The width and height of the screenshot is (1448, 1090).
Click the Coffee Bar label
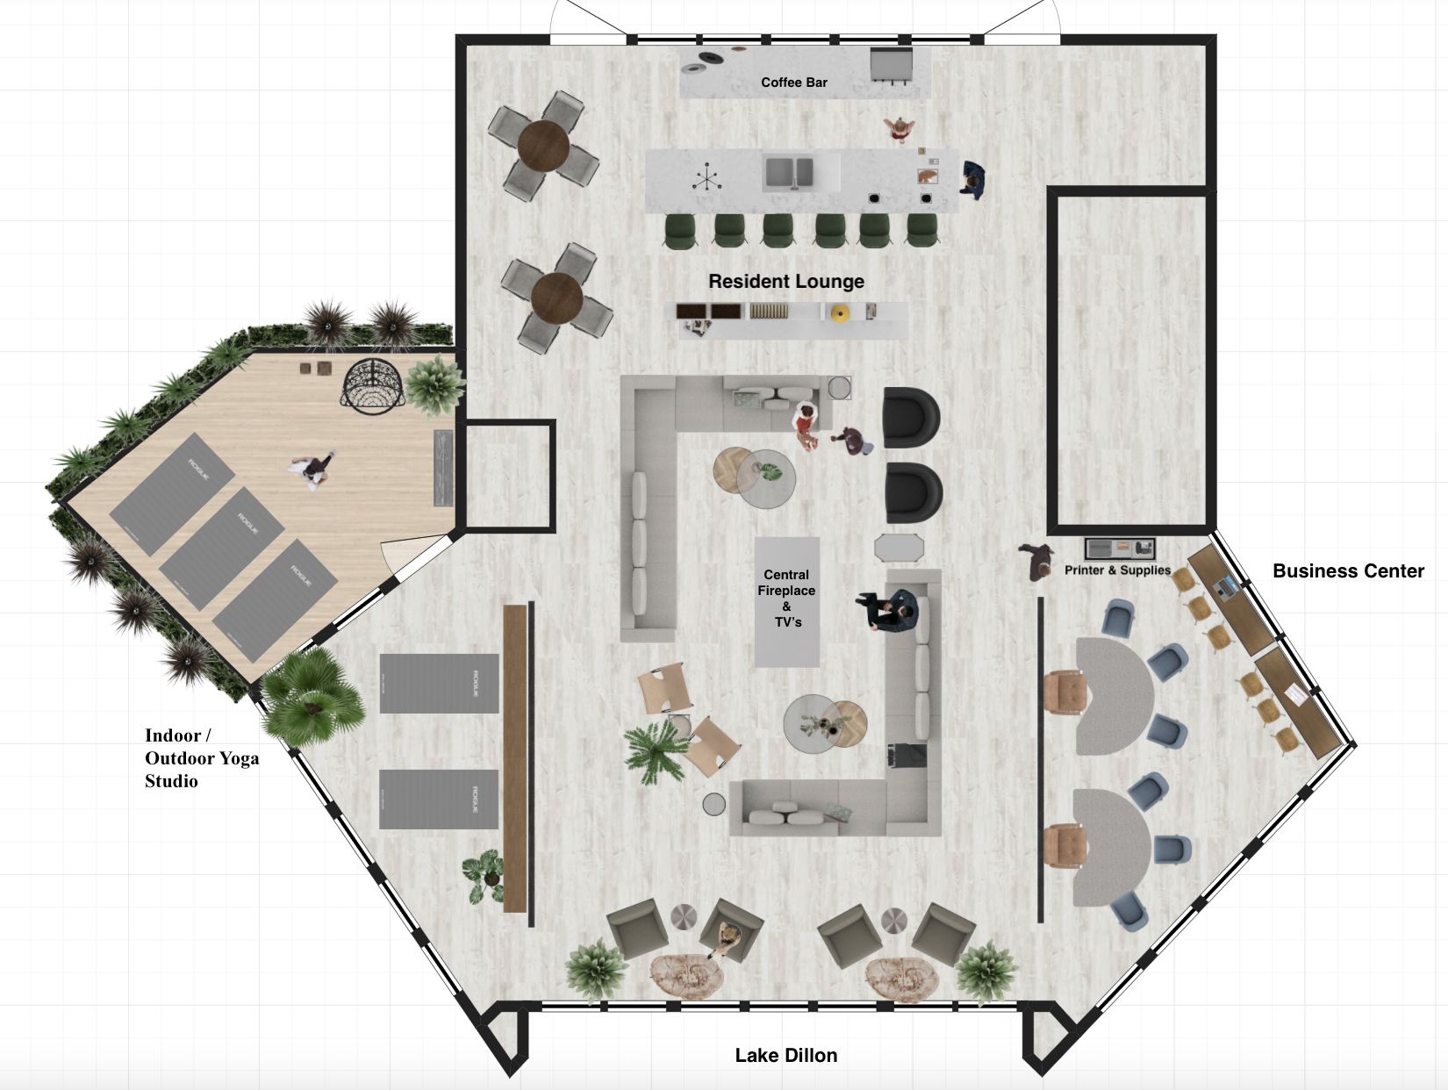pos(793,82)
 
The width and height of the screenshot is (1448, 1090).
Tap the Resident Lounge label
pos(785,282)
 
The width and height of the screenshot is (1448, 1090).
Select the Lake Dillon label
pos(785,1056)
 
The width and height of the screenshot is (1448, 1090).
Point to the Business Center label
pos(1348,571)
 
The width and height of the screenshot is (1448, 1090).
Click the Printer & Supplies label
pos(1117,570)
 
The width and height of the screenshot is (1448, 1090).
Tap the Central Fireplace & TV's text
pos(786,598)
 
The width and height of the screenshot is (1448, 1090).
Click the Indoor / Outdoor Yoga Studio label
pos(201,758)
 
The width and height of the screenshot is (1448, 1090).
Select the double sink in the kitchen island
pos(789,173)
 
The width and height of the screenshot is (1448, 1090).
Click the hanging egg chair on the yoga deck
pos(373,386)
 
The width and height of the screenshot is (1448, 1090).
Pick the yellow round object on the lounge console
pos(839,313)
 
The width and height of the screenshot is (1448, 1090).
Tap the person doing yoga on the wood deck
pos(312,470)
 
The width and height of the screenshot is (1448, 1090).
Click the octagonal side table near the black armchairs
pos(900,548)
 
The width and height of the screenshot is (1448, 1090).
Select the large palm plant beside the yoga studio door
pos(313,696)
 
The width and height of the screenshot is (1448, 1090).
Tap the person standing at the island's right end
pos(972,179)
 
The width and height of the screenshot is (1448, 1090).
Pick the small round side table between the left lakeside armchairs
pos(685,917)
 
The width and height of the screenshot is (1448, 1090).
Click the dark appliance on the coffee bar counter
pos(892,65)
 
